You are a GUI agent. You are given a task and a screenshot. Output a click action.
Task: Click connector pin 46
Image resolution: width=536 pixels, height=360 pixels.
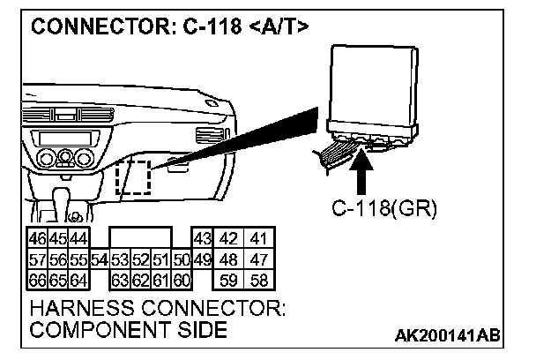[38, 240]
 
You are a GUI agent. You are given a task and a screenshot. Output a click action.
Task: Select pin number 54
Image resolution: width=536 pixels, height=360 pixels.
[99, 260]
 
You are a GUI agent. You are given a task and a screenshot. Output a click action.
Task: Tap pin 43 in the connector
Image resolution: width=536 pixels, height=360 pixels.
[202, 240]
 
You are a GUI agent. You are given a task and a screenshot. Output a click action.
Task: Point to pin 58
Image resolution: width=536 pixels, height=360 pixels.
[259, 281]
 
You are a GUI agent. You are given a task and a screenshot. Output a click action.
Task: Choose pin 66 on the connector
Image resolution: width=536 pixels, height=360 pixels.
[38, 281]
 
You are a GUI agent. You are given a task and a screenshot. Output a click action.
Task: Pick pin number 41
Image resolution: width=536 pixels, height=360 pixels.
[259, 240]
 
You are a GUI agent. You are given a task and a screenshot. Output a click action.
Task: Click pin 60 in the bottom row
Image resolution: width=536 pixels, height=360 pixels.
[182, 281]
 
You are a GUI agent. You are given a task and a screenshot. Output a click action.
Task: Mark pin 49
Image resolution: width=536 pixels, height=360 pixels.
[202, 260]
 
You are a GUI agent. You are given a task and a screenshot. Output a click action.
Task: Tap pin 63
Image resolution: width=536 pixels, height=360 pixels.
[120, 281]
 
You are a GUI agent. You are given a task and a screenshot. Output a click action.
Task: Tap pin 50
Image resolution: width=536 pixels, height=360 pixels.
[182, 260]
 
